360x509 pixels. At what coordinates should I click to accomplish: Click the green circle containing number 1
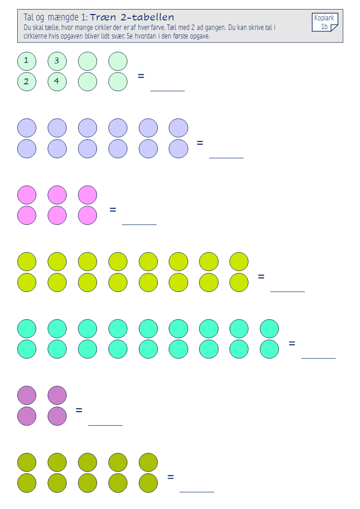point(27,61)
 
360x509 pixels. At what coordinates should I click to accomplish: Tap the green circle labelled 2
point(27,82)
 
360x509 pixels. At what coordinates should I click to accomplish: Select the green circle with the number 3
point(57,61)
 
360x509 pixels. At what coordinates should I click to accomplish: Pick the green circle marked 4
point(57,82)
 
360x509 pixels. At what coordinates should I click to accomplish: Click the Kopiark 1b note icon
point(325,22)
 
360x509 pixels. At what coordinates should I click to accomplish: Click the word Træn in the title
point(103,17)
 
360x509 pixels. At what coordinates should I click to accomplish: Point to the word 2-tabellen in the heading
point(147,17)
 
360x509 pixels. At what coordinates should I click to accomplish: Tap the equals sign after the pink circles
point(112,210)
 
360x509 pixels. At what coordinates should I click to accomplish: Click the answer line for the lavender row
point(226,158)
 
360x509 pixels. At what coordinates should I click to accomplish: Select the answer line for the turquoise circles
point(318,358)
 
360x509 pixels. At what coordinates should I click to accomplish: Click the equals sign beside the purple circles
point(79,410)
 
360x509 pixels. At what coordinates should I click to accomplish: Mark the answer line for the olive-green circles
point(197,492)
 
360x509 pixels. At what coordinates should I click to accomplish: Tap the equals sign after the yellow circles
point(261,276)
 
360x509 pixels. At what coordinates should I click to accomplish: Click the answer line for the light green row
point(167,91)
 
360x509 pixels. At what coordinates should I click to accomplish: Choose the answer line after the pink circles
point(139,224)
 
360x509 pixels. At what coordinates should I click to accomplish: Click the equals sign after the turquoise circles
point(292,343)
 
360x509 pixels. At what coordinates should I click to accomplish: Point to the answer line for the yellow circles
point(287,291)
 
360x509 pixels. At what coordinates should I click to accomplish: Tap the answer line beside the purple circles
point(105,425)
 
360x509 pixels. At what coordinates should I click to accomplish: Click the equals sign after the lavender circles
point(200,143)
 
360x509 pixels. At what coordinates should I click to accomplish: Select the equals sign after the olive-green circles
point(170,477)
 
